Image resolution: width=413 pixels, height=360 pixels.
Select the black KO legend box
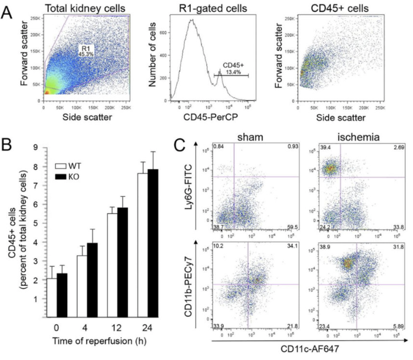pyautogui.click(x=57, y=179)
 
